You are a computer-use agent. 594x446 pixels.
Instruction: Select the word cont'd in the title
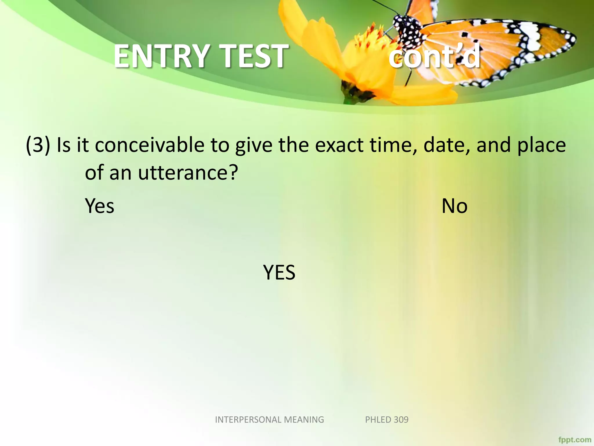[x=434, y=57]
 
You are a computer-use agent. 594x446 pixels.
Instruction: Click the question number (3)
[x=38, y=145]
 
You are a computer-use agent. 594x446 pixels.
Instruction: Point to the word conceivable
[x=150, y=145]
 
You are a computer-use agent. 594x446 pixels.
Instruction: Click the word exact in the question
[x=339, y=145]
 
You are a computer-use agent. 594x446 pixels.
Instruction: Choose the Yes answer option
[x=99, y=206]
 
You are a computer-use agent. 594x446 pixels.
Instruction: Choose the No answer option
[x=454, y=206]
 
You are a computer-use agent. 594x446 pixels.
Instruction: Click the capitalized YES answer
[x=279, y=272]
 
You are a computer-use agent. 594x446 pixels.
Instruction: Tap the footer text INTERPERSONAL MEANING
[x=269, y=420]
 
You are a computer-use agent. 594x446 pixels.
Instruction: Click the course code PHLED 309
[x=387, y=420]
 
